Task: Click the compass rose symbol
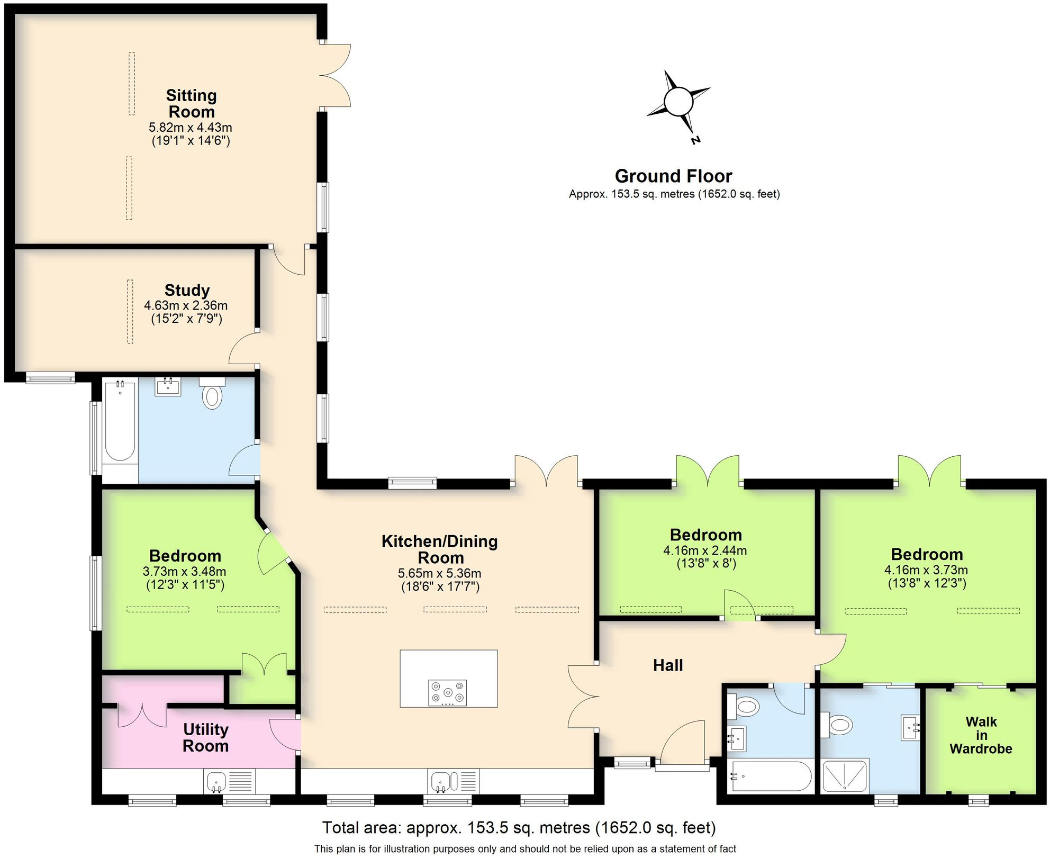pos(678,102)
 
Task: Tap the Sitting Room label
pos(191,104)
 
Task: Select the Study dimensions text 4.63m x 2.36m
pos(186,305)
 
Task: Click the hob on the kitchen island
pos(447,692)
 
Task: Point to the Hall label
pos(667,665)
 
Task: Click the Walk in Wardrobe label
pos(981,735)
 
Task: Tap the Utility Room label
pos(205,737)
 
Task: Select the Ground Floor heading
pos(673,176)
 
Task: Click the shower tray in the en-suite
pos(845,776)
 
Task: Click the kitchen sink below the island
pos(440,781)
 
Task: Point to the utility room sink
pos(216,781)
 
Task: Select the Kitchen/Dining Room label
pos(440,549)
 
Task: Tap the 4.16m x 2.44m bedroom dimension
pos(705,550)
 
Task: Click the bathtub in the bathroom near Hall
pos(770,776)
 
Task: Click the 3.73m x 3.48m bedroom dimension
pos(184,572)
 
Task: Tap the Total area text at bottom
pos(519,827)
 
